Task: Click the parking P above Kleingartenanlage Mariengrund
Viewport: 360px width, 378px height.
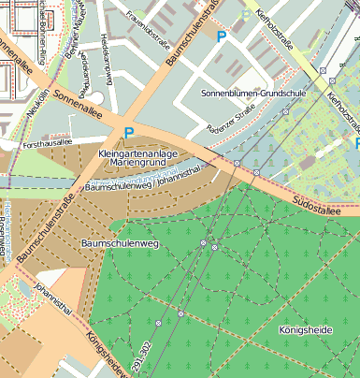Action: point(129,133)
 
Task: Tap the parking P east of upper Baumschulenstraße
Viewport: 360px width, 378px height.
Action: point(222,36)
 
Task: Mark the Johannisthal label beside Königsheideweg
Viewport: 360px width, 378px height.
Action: point(53,298)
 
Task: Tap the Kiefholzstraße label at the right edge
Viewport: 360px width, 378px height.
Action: point(341,109)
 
